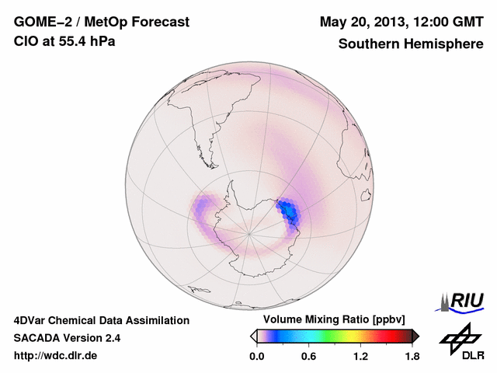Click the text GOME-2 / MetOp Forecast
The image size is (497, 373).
click(x=101, y=23)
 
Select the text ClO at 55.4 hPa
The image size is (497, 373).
click(x=64, y=41)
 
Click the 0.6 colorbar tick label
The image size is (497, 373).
click(x=308, y=357)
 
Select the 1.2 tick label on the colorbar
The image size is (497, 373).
click(x=360, y=357)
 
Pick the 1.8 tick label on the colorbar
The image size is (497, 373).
click(x=412, y=357)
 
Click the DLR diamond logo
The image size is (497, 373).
click(x=458, y=339)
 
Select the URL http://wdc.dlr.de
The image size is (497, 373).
click(x=56, y=356)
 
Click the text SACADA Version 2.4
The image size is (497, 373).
click(x=67, y=338)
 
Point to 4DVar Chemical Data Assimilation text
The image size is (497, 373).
click(x=101, y=320)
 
